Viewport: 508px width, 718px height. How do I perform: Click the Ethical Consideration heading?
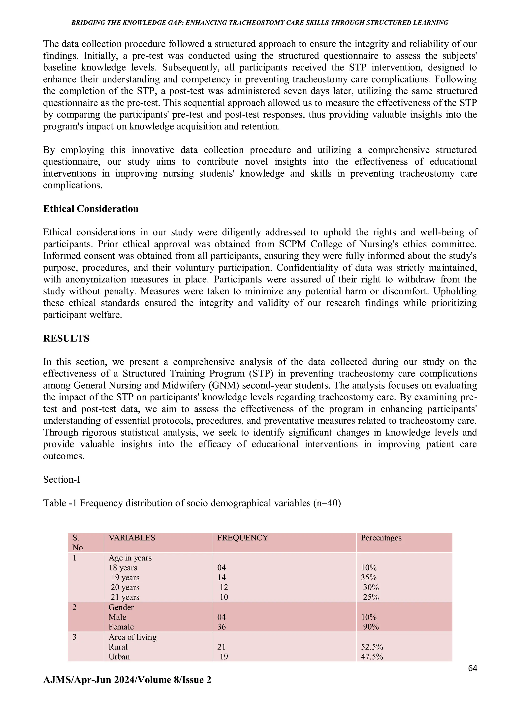point(91,209)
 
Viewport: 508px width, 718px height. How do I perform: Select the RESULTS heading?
point(66,338)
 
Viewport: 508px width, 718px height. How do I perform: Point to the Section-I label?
point(62,479)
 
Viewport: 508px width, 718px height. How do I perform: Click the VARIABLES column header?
point(132,537)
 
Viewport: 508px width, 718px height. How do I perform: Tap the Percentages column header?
point(381,537)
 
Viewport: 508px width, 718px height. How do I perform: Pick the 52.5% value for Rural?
point(372,647)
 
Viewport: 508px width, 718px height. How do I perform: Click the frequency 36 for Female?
point(222,627)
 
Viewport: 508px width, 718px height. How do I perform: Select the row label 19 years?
point(125,577)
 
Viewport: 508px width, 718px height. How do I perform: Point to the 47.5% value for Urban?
point(372,656)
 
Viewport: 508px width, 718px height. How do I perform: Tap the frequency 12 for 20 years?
point(224,587)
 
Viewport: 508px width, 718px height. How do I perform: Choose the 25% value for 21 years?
point(371,597)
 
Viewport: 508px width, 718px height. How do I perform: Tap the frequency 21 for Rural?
point(222,647)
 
